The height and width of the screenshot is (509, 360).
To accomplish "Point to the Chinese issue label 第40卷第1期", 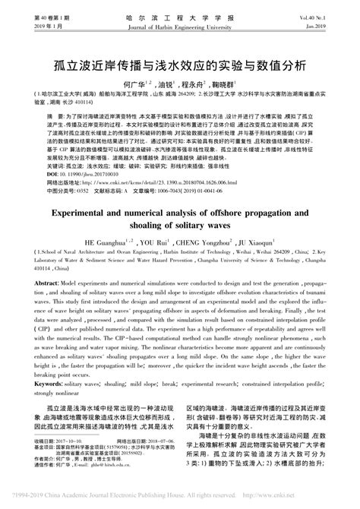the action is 30,15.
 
